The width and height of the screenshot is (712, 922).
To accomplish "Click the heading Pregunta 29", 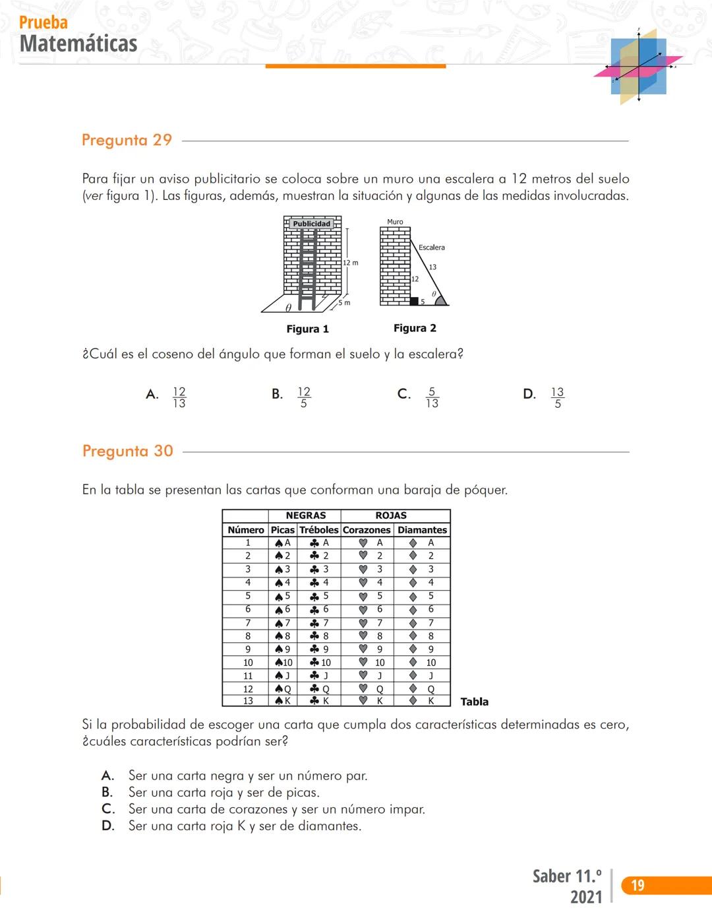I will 127,140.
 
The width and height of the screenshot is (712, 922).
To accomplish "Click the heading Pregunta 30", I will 127,451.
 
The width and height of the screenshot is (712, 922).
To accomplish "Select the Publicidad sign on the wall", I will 312,224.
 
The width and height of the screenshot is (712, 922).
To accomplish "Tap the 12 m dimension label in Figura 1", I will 351,263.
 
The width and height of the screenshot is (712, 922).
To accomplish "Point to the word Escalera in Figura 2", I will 431,247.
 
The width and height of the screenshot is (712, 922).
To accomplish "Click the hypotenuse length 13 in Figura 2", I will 432,267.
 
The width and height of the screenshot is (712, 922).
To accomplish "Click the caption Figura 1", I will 307,329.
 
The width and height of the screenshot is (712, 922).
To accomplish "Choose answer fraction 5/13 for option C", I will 432,397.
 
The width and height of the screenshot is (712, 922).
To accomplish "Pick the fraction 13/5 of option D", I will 558,397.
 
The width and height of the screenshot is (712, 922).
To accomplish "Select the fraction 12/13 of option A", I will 179,397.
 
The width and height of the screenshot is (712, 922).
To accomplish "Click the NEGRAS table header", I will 305,515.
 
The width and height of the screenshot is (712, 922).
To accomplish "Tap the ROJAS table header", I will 391,515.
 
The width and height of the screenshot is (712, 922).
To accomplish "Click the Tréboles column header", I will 319,530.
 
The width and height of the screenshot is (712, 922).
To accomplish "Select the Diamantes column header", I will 422,530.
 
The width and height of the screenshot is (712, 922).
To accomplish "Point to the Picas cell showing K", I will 283,701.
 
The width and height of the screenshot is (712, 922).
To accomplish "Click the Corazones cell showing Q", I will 373,689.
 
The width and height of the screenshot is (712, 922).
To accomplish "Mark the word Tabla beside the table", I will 474,702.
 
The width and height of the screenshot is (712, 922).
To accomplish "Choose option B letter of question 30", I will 107,792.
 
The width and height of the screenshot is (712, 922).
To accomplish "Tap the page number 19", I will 638,885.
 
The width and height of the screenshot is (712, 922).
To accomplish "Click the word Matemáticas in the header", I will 78,44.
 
